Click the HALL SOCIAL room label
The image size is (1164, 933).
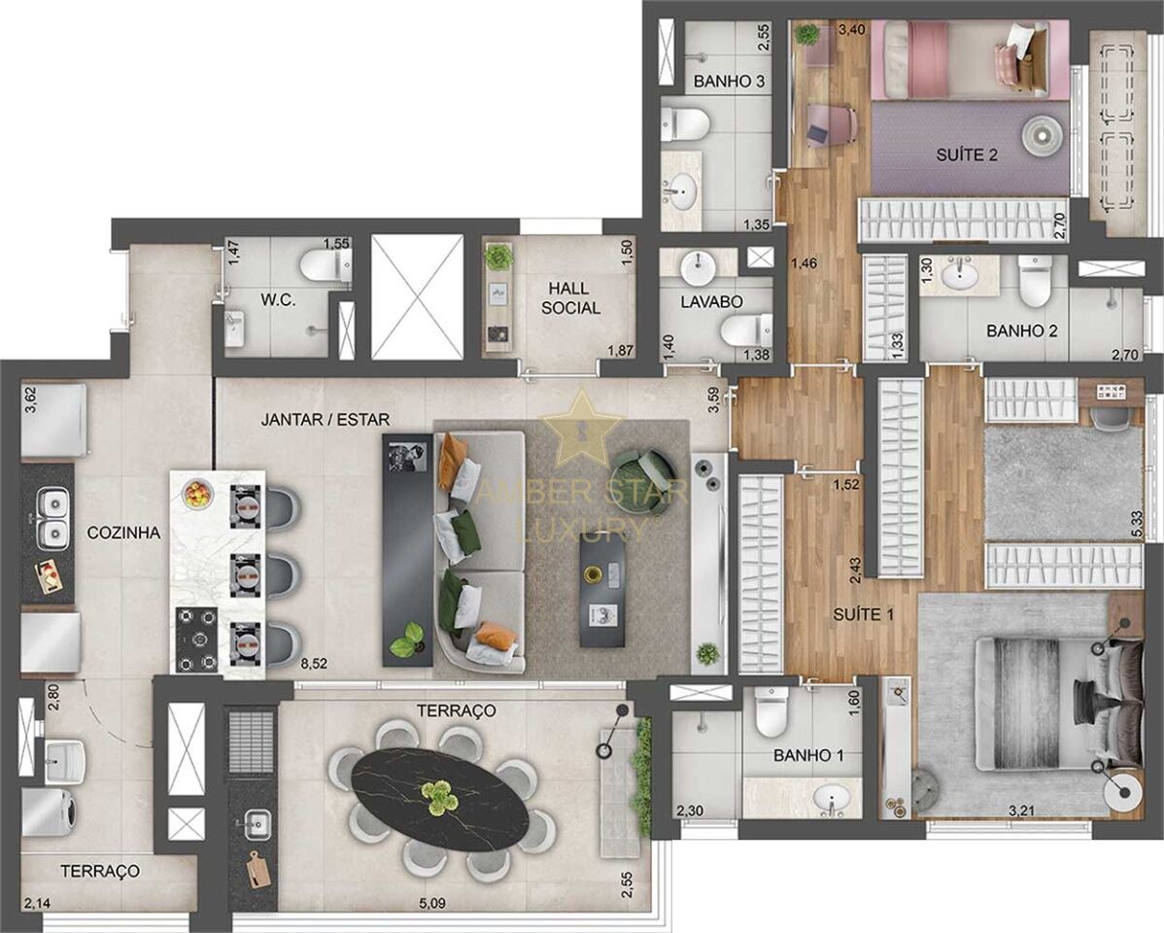[x=570, y=297]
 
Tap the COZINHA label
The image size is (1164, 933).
[x=123, y=533]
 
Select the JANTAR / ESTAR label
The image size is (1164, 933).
[x=325, y=420]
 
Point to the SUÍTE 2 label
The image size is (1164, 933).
[x=967, y=155]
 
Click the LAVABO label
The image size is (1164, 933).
[x=712, y=301]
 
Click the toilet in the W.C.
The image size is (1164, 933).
[x=325, y=264]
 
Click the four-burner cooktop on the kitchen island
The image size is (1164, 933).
[x=196, y=639]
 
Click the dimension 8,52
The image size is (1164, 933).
[x=312, y=665]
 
